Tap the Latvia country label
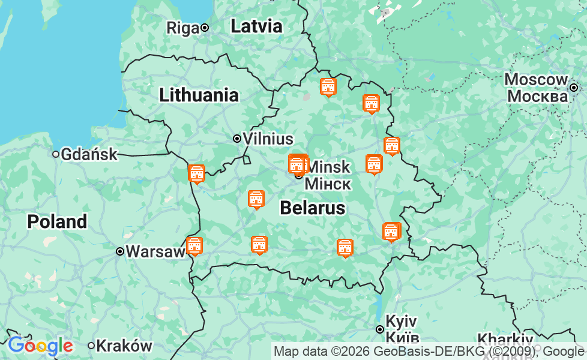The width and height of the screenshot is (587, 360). (256, 26)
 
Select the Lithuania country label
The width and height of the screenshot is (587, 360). (199, 95)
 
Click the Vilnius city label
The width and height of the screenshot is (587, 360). (268, 139)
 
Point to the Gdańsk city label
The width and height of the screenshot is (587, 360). (89, 154)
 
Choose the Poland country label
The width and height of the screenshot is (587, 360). (57, 221)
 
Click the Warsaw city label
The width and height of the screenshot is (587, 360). (155, 251)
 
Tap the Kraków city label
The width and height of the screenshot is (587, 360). (124, 346)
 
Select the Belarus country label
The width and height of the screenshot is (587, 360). (313, 208)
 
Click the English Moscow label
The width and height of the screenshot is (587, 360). (536, 80)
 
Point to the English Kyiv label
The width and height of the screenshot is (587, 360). (401, 320)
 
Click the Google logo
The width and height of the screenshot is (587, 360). (40, 346)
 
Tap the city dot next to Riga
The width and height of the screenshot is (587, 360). (205, 28)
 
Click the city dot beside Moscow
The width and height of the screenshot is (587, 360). (574, 88)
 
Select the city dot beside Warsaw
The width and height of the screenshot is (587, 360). (120, 251)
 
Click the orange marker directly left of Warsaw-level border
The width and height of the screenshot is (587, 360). (194, 246)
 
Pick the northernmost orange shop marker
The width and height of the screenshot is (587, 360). (328, 87)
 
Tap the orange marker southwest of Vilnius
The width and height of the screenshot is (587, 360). (196, 174)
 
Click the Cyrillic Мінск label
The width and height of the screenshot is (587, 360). (328, 183)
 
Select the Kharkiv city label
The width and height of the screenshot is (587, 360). (505, 340)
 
